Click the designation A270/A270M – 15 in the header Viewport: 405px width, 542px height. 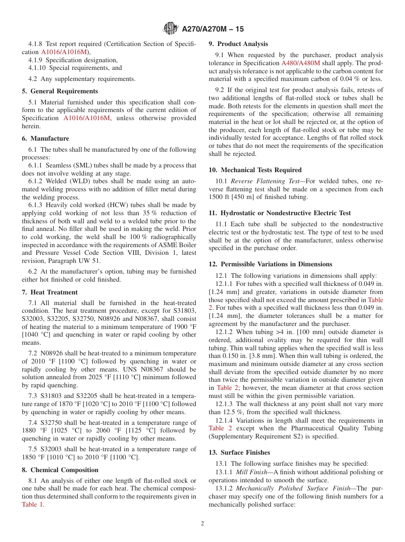click(213, 29)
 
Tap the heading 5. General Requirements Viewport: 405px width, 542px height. click(60, 91)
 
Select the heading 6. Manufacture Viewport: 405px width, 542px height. click(45, 138)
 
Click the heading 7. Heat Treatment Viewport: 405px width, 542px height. click(49, 292)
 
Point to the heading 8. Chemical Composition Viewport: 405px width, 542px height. click(60, 470)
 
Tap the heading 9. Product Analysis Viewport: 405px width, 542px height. click(238, 44)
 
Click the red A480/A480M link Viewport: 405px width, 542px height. click(301, 63)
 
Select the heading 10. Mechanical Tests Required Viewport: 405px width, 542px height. click(255, 170)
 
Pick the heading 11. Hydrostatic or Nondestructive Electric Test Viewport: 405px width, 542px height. click(280, 213)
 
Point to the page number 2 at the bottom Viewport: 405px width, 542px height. click(202, 524)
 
